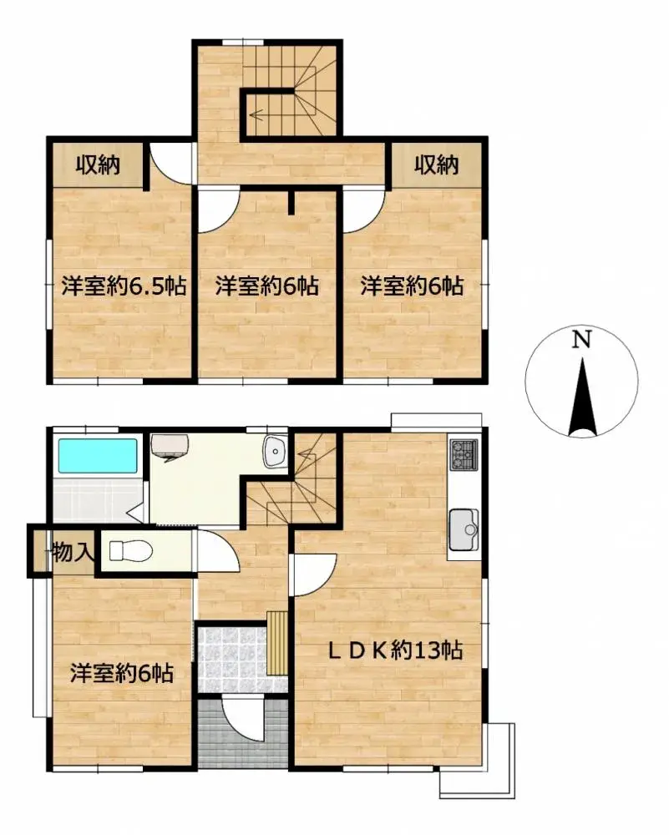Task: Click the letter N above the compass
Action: tap(582, 340)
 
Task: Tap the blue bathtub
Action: tap(97, 456)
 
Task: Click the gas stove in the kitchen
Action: tap(464, 454)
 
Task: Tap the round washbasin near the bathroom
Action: tap(275, 453)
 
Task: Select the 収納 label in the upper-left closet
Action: tap(99, 165)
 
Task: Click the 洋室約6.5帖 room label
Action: tap(123, 286)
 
